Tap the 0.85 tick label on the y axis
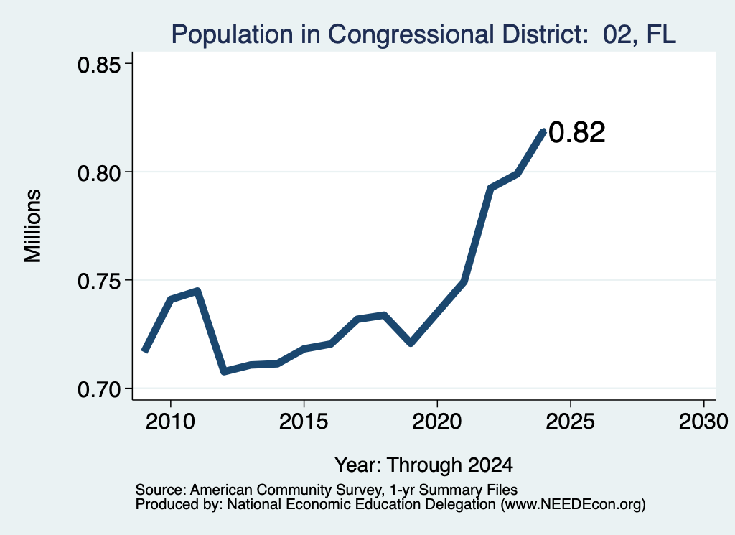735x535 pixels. click(x=99, y=65)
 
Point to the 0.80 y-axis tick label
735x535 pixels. click(x=99, y=173)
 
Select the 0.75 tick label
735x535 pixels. click(x=99, y=282)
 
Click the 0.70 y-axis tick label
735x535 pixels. click(x=99, y=390)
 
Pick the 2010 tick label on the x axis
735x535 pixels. click(x=170, y=422)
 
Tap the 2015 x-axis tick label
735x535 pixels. click(x=304, y=422)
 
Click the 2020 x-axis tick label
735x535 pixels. click(x=437, y=422)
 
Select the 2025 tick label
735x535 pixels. click(x=571, y=422)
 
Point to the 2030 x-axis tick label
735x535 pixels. click(x=703, y=422)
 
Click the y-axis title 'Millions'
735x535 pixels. click(x=33, y=226)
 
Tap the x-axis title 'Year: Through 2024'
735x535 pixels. click(x=423, y=465)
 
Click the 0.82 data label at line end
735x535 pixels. click(x=577, y=132)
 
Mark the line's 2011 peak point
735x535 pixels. click(x=197, y=291)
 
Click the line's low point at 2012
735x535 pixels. click(x=224, y=371)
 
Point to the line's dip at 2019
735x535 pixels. click(x=411, y=343)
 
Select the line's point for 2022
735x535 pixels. click(x=490, y=188)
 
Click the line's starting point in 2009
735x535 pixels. click(x=144, y=350)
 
